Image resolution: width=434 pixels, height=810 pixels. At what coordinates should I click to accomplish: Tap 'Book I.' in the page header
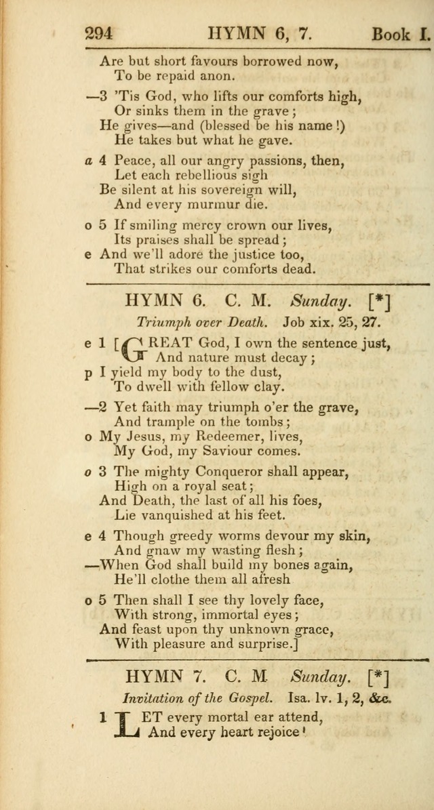point(401,33)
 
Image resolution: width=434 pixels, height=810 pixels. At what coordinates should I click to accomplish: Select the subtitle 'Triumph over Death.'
point(193,323)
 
